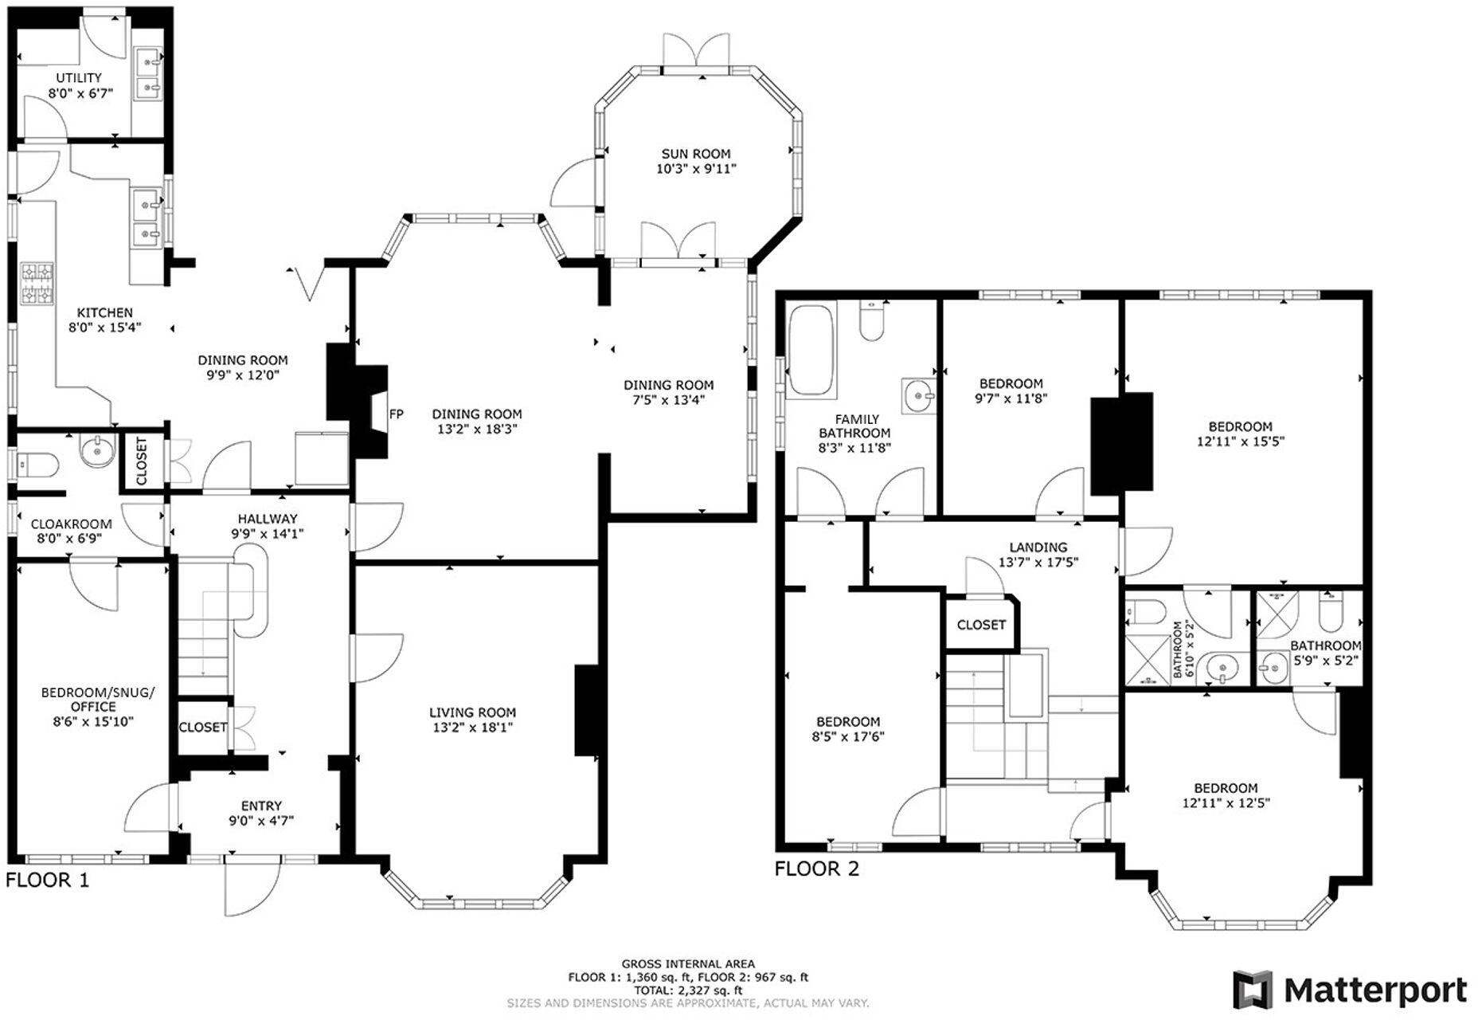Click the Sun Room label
695,154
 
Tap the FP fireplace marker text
396,414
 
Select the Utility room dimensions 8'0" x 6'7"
79,93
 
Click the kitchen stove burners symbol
37,284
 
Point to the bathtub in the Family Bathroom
811,351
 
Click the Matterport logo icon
1253,990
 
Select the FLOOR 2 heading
817,869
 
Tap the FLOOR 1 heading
48,880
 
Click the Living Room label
472,712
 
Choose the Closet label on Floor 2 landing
981,625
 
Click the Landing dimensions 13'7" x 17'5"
1038,563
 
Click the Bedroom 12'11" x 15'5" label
1239,426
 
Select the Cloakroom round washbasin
97,452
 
